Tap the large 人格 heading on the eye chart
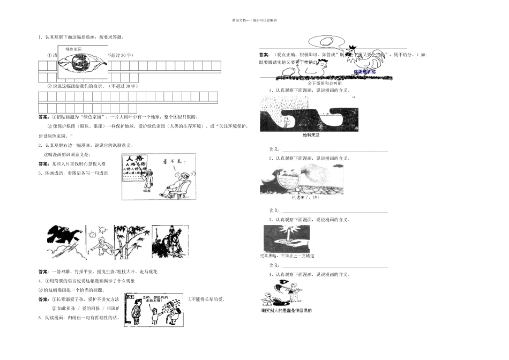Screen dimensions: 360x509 pos(132,160)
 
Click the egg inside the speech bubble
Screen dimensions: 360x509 pos(325,41)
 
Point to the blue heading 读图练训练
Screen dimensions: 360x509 pos(365,71)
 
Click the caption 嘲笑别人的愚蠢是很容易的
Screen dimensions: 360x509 pos(286,310)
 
